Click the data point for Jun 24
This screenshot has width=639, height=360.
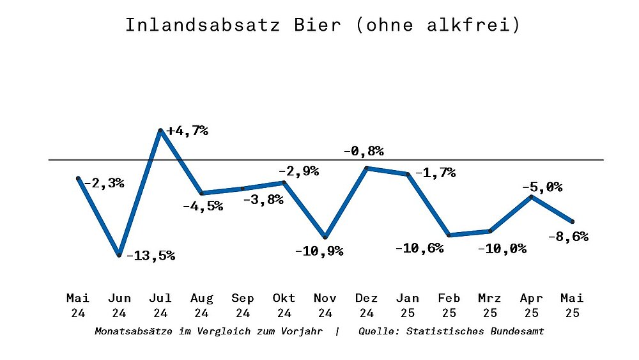pos(119,255)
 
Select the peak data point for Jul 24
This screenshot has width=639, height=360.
pos(160,130)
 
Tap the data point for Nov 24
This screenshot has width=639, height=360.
pos(325,237)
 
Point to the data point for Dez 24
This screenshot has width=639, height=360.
pos(367,168)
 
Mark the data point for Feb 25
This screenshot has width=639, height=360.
pos(449,235)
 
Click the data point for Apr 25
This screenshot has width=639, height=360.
pos(532,197)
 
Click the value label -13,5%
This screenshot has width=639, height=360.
pos(151,256)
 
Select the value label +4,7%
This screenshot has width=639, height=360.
pos(187,131)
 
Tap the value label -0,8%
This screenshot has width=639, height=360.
pos(364,152)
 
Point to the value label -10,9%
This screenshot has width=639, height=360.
pos(319,251)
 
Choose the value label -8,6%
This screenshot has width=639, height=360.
pos(568,237)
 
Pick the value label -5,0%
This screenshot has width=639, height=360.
pos(542,187)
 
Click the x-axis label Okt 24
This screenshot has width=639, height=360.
pos(284,305)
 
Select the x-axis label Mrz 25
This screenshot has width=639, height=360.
pos(490,305)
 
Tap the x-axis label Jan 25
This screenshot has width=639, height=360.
pos(408,305)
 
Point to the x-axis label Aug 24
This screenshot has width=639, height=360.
pos(201,305)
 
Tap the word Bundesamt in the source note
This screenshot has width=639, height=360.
pos(518,331)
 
